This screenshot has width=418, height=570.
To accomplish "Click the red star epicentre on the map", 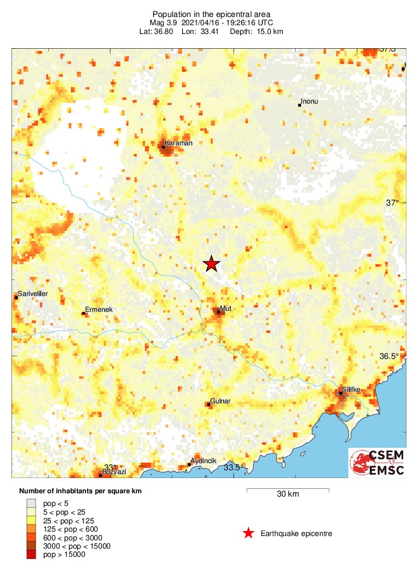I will tap(212, 264).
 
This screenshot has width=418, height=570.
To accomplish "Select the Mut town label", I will tap(226, 309).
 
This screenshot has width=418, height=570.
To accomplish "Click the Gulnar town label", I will tap(221, 401).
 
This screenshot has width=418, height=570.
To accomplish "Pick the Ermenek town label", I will tap(99, 310).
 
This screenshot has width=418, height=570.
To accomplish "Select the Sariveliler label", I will tap(33, 294).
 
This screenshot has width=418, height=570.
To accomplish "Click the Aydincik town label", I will tap(204, 461).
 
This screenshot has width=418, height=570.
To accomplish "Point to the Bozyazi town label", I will tap(114, 472).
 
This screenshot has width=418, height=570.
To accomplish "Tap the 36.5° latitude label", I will tap(391, 356).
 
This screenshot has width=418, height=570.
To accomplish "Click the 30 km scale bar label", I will tap(287, 494).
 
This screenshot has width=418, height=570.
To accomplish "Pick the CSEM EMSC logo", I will tap(377, 463).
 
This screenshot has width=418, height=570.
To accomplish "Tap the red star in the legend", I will tap(248, 533).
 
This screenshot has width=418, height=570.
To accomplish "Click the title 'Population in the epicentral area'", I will tap(211, 14).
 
